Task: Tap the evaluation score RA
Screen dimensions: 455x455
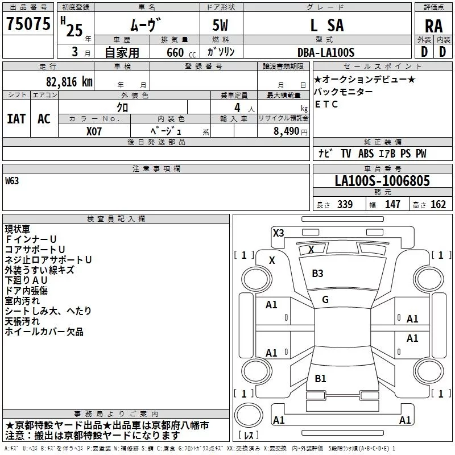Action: point(433,26)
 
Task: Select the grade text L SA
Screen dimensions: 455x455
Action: point(326,25)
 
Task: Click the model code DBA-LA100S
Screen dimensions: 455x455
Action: point(325,52)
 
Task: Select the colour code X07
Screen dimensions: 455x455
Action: point(94,130)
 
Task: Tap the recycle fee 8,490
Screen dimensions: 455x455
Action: point(283,130)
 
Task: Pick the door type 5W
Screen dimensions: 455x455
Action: point(221,26)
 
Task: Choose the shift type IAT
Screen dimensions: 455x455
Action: point(16,118)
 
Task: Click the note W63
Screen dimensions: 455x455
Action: point(12,181)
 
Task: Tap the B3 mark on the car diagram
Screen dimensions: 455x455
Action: point(317,274)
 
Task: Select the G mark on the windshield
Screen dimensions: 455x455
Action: point(325,300)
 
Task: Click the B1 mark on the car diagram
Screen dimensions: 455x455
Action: point(320,379)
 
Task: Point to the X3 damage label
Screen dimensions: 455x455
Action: point(278,233)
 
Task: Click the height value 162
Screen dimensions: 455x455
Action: point(438,205)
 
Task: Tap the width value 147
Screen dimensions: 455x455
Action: point(392,205)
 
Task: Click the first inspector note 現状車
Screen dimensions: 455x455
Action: point(18,229)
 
